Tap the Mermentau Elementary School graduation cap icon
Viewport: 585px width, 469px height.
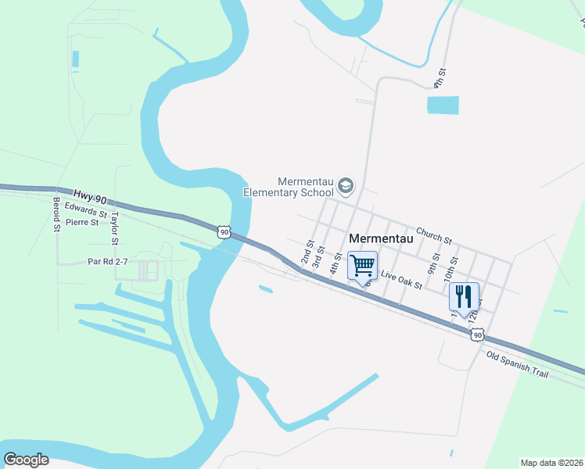346,186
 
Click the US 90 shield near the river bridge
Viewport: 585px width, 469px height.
224,231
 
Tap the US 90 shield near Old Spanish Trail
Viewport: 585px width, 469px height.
478,335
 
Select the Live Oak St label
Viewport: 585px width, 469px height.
401,280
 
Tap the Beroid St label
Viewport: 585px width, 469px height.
56,214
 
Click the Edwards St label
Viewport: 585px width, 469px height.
86,209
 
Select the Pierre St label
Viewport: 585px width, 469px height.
83,222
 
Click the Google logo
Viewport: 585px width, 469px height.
26,460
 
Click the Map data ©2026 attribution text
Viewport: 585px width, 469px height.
551,463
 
